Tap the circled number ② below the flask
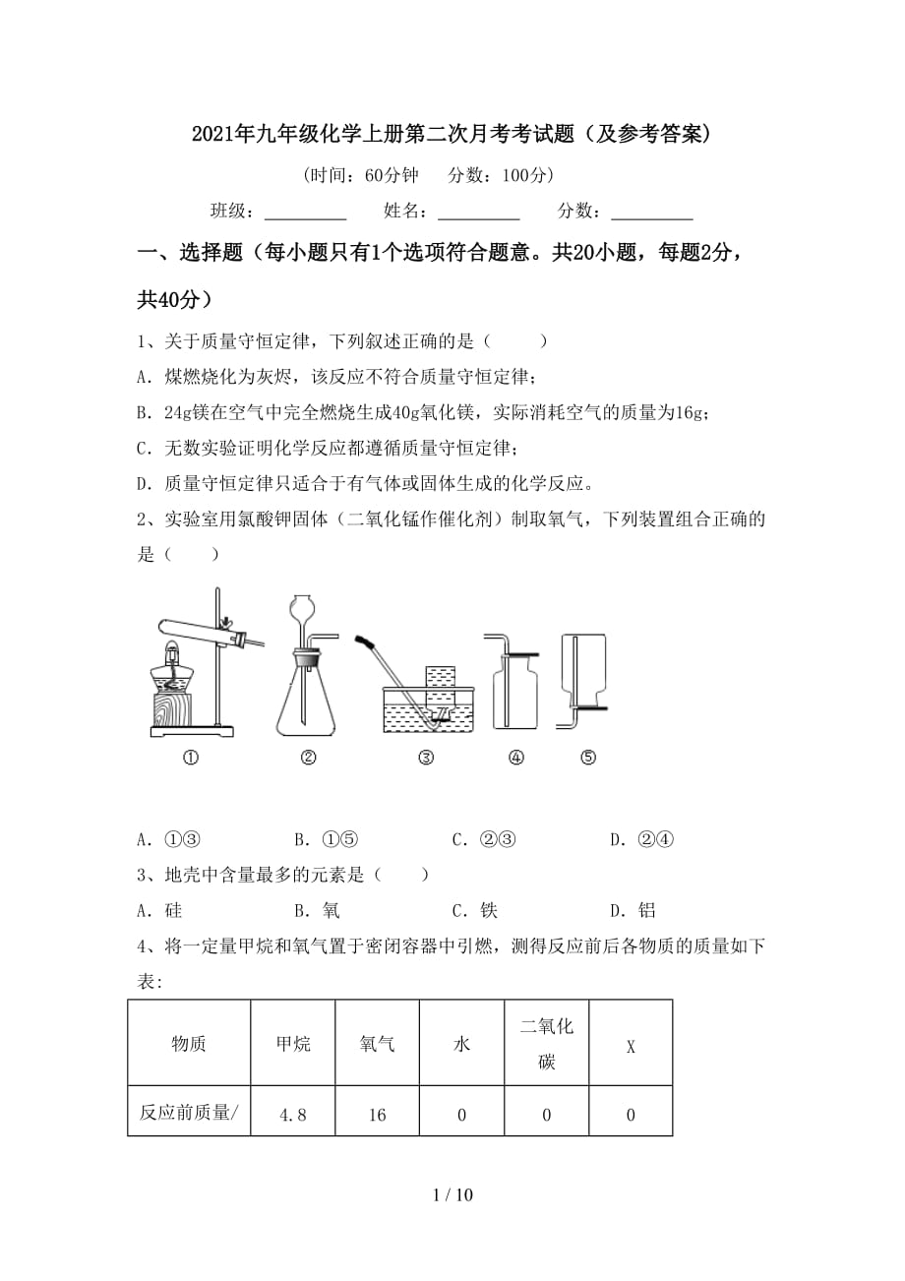[x=308, y=758]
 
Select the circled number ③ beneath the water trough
[x=426, y=758]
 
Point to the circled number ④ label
[x=516, y=758]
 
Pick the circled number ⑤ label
[x=588, y=758]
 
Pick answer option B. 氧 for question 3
[x=317, y=910]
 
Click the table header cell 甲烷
[x=293, y=1043]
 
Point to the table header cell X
[x=631, y=1045]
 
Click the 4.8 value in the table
[x=293, y=1115]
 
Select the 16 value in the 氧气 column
[x=378, y=1115]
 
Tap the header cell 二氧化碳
[x=546, y=1043]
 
